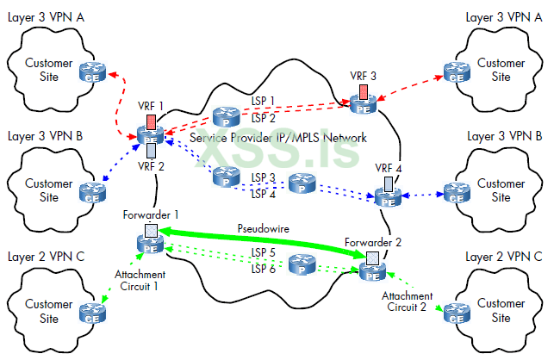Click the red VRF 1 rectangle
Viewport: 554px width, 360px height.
[x=152, y=121]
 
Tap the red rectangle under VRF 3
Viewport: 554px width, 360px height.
[x=364, y=90]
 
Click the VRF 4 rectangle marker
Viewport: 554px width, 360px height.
[x=388, y=183]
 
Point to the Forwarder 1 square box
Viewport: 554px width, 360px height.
[x=152, y=231]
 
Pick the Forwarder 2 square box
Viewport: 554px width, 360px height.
[x=372, y=258]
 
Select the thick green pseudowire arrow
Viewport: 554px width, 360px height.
[x=258, y=242]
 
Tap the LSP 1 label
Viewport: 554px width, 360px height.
[x=263, y=101]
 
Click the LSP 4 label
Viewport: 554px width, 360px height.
[x=263, y=193]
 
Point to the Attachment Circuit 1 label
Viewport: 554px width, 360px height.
[x=139, y=281]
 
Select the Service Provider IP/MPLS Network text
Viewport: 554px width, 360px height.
[x=278, y=138]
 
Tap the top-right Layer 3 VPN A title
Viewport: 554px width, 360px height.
[x=503, y=16]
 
